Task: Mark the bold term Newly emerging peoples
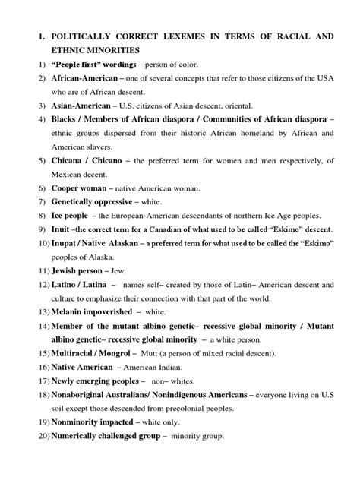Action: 96,416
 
